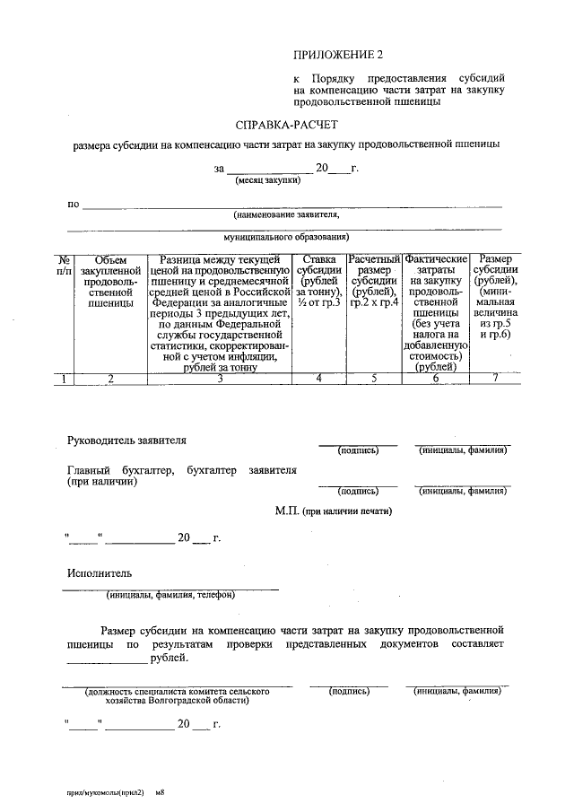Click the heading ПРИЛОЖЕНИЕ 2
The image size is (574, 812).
[x=344, y=56]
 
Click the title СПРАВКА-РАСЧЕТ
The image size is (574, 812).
[x=287, y=125]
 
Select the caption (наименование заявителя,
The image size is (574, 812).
[x=286, y=215]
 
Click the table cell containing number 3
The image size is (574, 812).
[x=220, y=379]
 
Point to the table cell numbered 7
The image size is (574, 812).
[x=495, y=379]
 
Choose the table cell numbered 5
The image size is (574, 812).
[x=373, y=379]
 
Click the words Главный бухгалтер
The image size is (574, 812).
[x=120, y=469]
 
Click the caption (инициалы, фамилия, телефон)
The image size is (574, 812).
[x=170, y=594]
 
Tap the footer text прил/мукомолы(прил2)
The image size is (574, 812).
[x=105, y=793]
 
